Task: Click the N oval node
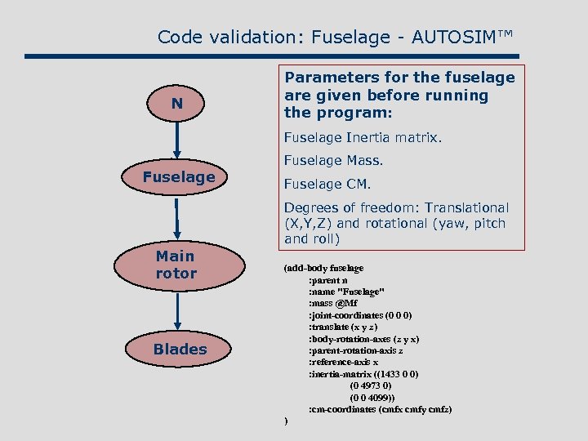177,105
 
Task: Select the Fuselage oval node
178,176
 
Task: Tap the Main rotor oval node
177,265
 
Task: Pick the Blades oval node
180,349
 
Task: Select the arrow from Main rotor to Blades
177,309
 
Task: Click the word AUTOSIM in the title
458,37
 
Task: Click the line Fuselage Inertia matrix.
363,138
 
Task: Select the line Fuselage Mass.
333,161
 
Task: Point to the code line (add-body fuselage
323,268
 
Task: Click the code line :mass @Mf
332,303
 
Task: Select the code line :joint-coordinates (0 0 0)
360,314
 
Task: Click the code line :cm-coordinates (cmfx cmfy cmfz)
380,408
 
